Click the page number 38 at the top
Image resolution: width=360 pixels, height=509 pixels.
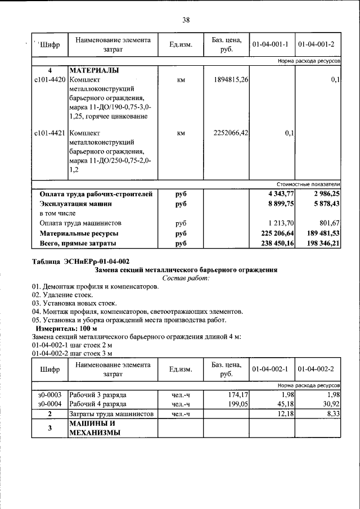(186, 21)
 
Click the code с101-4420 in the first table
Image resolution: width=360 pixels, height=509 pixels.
(49, 80)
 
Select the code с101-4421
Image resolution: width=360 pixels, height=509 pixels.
(49, 133)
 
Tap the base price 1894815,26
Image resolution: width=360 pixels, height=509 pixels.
(231, 80)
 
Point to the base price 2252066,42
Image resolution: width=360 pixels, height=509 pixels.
(231, 133)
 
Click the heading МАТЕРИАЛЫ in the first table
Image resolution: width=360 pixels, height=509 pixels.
(93, 71)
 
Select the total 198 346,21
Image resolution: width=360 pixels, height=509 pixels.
(320, 243)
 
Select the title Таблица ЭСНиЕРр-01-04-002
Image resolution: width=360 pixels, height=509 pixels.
(81, 262)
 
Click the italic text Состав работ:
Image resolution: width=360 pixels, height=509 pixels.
(186, 278)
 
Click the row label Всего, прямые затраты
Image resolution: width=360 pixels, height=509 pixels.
(78, 243)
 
